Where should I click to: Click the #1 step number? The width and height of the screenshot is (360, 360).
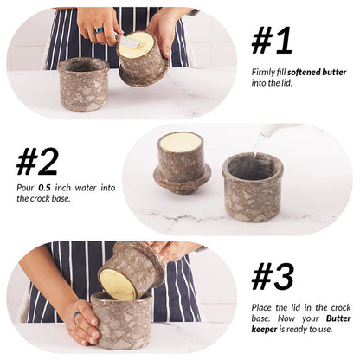click(x=272, y=40)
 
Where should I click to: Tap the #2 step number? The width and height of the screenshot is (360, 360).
click(x=38, y=161)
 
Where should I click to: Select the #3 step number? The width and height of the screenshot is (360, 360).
click(x=273, y=275)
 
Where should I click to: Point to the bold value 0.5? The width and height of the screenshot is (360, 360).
click(x=44, y=188)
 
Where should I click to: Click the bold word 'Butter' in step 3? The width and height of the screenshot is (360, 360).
click(x=339, y=318)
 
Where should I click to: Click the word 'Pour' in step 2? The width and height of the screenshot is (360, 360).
click(x=25, y=188)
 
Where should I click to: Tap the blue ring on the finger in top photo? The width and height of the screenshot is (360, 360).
click(x=100, y=30)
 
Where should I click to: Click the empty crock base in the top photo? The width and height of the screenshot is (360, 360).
click(x=83, y=84)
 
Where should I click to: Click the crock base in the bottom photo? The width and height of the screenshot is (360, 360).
click(x=121, y=325)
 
